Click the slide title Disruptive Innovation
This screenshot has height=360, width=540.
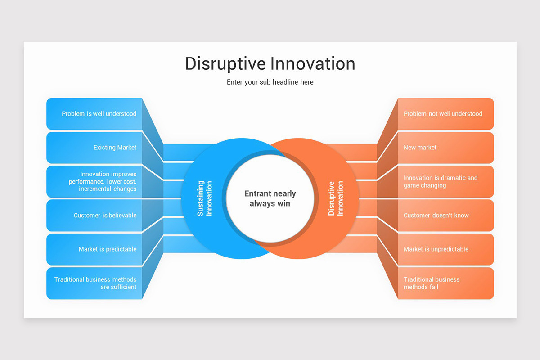coord(270,63)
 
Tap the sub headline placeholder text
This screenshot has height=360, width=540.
coord(270,82)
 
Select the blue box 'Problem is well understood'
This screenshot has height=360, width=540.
coord(94,114)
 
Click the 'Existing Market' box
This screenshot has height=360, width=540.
coord(94,148)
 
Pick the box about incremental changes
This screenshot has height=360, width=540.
coord(94,181)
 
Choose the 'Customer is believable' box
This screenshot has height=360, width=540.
coord(94,216)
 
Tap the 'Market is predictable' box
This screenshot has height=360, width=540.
coord(94,249)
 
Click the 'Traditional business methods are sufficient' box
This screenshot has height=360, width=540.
coord(94,283)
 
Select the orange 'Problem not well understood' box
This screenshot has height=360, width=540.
coord(445,114)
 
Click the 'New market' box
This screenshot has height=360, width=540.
coord(445,148)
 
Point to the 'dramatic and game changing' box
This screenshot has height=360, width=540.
coord(445,181)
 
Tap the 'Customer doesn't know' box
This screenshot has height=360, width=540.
coord(445,216)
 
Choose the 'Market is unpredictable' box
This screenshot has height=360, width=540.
coord(445,249)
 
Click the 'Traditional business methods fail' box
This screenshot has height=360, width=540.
coord(445,283)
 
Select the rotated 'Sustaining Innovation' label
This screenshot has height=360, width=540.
coord(205,198)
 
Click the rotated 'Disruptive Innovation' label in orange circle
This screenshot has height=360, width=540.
coord(336,198)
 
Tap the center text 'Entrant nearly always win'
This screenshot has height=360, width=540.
coord(270,198)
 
